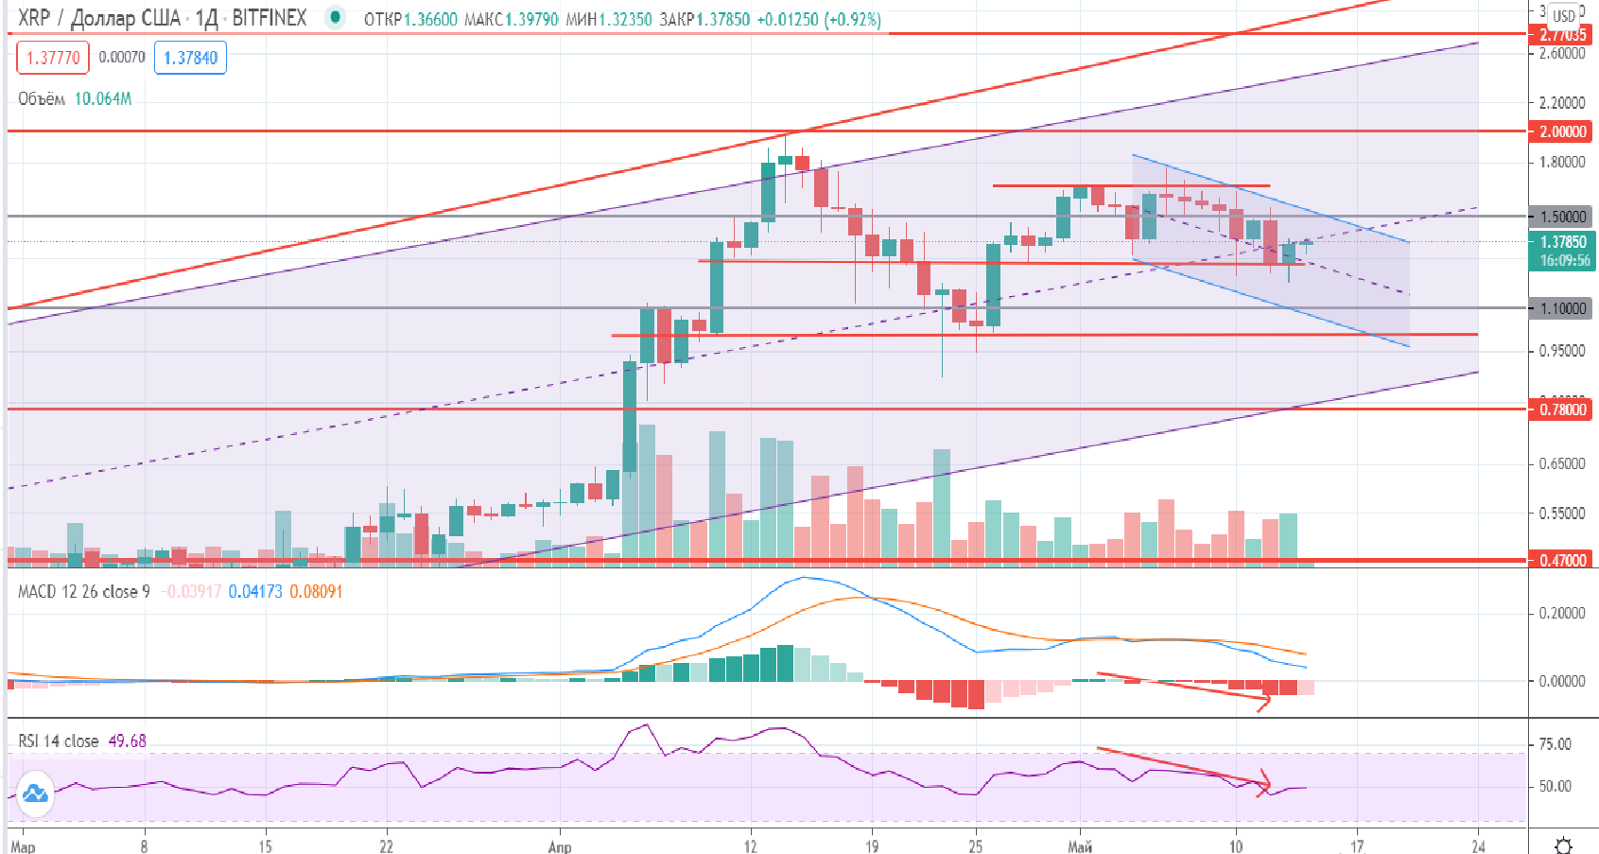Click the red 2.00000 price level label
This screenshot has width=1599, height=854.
pos(1561,131)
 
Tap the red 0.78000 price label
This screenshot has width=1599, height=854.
pos(1561,410)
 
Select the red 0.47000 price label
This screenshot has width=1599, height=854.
pos(1561,560)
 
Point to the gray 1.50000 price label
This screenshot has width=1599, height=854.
pos(1561,217)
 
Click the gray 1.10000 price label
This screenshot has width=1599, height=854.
pos(1561,308)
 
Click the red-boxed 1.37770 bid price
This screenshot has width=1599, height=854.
pos(53,58)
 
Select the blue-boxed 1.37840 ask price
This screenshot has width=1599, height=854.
pos(190,58)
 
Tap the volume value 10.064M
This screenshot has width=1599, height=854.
pos(103,99)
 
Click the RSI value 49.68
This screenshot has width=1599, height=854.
pos(128,741)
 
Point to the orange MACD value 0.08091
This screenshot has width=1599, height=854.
pos(316,592)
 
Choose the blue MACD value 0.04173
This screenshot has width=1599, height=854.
pos(255,592)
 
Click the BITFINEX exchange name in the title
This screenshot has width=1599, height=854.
pos(269,18)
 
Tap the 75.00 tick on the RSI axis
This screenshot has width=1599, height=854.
pos(1556,744)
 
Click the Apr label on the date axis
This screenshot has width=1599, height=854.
pos(560,845)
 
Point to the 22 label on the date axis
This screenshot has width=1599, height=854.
pos(386,845)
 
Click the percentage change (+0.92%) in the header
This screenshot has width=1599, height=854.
pos(852,19)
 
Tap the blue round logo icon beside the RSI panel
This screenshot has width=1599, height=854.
pos(35,793)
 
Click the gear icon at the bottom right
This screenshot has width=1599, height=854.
pos(1564,844)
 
